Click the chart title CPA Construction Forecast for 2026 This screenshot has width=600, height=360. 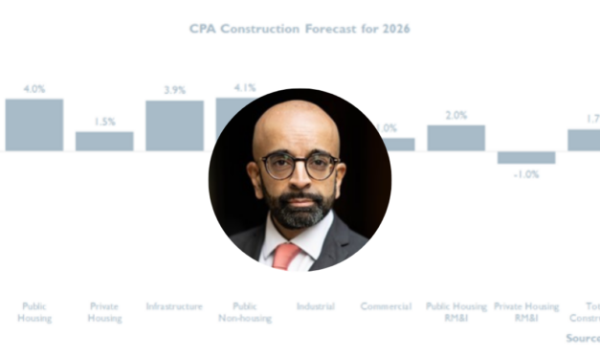(300, 29)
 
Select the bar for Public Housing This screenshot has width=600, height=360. (34, 124)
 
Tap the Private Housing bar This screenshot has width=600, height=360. (104, 141)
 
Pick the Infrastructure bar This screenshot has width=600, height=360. (174, 125)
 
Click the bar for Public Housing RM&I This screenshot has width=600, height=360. (456, 138)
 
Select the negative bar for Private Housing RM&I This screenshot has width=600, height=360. (525, 157)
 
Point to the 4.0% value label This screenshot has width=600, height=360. (34, 89)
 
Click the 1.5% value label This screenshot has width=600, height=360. (104, 122)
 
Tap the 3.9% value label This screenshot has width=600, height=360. (174, 90)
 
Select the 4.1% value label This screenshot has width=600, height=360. (244, 87)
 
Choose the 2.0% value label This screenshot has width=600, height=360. (456, 115)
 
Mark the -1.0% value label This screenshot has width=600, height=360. (525, 174)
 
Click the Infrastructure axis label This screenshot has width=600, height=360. (174, 306)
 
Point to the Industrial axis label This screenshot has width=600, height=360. (315, 306)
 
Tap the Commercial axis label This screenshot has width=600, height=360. (386, 306)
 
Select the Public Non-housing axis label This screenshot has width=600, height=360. (244, 312)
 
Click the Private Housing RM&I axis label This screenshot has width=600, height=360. (525, 312)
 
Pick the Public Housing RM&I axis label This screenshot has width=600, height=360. (456, 312)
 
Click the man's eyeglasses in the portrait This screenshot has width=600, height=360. (300, 165)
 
